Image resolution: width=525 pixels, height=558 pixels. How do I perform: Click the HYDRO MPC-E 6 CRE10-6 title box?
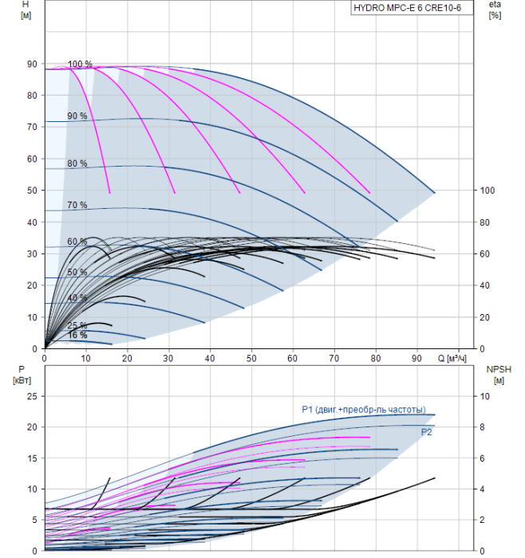412,8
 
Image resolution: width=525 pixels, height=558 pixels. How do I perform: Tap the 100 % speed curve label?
80,64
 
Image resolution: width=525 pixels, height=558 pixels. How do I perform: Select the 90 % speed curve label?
77,116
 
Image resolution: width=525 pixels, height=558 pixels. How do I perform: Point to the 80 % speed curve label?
77,163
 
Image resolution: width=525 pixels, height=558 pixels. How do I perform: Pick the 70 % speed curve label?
77,205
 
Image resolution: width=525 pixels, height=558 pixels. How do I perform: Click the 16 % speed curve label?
77,335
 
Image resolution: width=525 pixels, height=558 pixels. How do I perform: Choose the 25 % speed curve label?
77,325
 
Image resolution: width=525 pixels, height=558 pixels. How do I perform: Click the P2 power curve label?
426,432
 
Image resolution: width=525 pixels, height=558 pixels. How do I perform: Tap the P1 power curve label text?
364,410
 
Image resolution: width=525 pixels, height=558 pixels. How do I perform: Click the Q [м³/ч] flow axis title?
452,359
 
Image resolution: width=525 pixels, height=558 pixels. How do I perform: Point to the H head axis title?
26,10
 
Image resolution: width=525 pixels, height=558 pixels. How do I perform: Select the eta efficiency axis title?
495,10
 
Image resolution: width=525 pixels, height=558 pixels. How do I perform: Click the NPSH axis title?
499,375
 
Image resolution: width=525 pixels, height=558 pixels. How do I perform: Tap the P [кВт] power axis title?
22,375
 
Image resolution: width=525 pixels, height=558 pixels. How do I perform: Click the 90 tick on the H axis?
32,64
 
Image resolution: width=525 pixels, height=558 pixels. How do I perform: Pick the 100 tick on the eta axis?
487,191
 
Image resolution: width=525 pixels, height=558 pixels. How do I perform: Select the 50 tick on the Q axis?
251,359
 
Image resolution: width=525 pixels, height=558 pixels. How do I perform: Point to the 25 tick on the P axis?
32,396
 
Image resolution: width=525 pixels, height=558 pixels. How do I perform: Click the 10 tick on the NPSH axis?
485,396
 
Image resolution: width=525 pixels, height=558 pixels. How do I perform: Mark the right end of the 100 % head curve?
435,193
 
